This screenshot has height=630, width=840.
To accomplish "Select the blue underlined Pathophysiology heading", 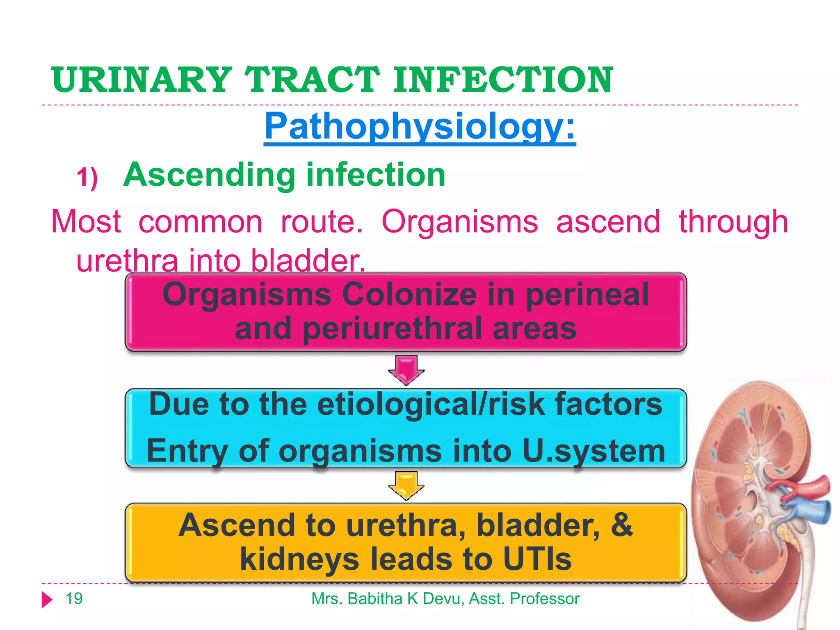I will (420, 127).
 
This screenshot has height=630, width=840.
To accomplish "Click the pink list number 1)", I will (87, 178).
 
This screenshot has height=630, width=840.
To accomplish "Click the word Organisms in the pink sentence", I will (459, 222).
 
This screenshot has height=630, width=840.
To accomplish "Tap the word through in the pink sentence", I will (733, 222).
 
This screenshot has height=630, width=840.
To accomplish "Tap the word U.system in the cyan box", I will (593, 451).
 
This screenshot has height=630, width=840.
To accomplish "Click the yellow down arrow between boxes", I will (406, 485).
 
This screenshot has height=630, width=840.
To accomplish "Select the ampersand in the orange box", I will (621, 525).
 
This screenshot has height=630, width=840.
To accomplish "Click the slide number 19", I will (74, 599).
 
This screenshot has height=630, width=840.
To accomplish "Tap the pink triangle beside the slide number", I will (47, 600).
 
